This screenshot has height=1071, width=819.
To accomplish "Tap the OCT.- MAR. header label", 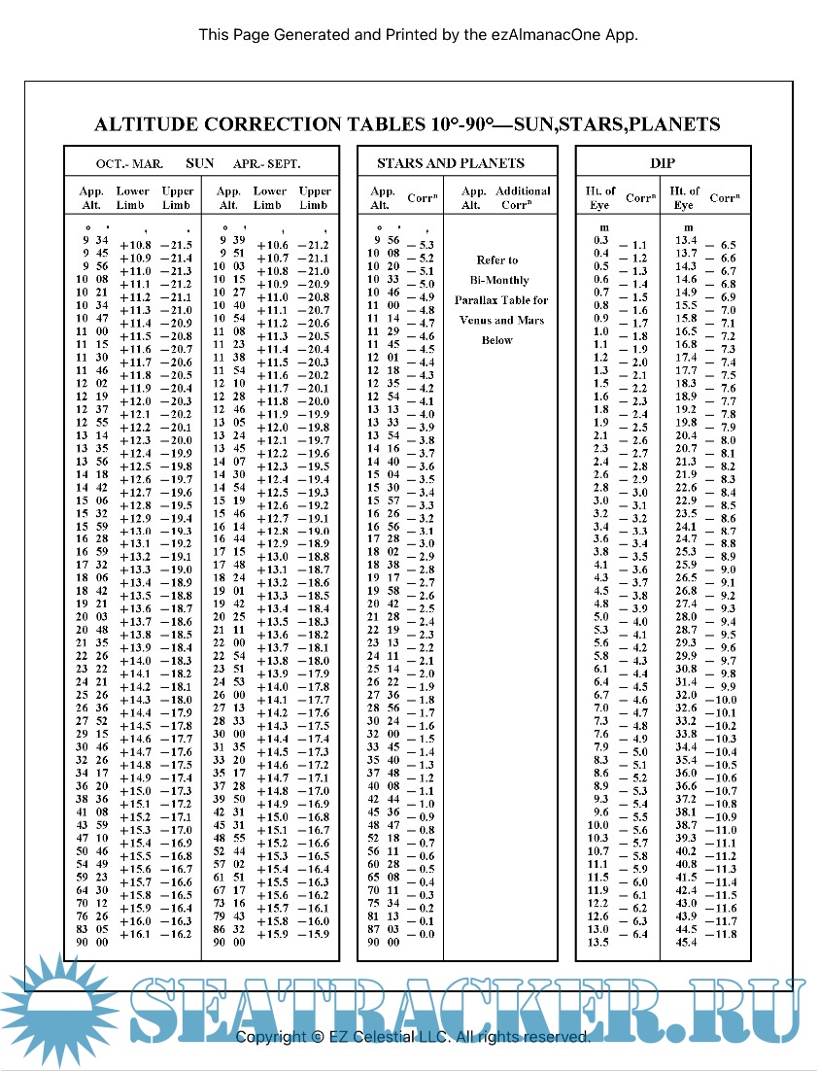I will [x=128, y=163].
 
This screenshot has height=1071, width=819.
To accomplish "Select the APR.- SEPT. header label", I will [x=266, y=163].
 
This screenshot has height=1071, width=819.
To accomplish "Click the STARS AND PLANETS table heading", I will [x=450, y=163].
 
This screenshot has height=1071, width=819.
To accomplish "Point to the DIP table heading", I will [x=663, y=163].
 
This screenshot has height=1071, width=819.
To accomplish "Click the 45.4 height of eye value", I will [x=686, y=941].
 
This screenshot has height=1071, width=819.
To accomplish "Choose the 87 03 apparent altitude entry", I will [x=384, y=928].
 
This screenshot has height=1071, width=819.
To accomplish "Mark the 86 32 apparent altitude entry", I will [x=230, y=928].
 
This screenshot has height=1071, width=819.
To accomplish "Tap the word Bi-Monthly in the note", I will [x=497, y=281].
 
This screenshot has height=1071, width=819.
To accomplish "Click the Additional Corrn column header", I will [x=523, y=198].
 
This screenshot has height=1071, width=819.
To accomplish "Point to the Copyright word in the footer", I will [x=271, y=1037].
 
